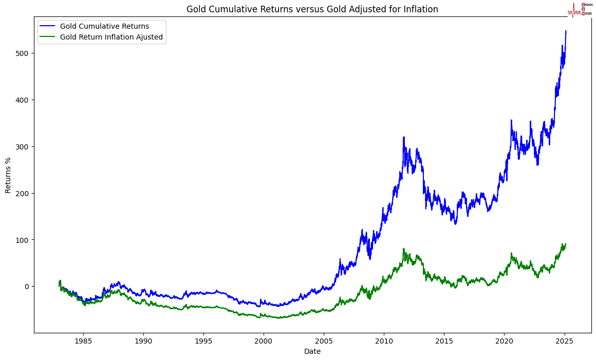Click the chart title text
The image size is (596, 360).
pos(312,9)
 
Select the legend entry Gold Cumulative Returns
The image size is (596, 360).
pos(104,26)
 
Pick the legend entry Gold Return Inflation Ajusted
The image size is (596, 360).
pos(111,37)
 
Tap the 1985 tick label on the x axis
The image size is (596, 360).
pos(83,340)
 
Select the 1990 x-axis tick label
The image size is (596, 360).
pos(143,340)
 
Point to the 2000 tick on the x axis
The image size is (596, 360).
pos(264,340)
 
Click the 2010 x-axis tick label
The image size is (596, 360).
pos(384,340)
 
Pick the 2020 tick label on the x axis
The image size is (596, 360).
pos(504,340)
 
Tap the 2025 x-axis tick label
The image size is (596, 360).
pos(564,340)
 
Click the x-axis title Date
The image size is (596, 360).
pos(312,351)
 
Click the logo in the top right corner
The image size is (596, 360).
pos(580,9)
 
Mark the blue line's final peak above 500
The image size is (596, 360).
pos(566,31)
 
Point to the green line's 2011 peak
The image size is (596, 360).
pos(403,249)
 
